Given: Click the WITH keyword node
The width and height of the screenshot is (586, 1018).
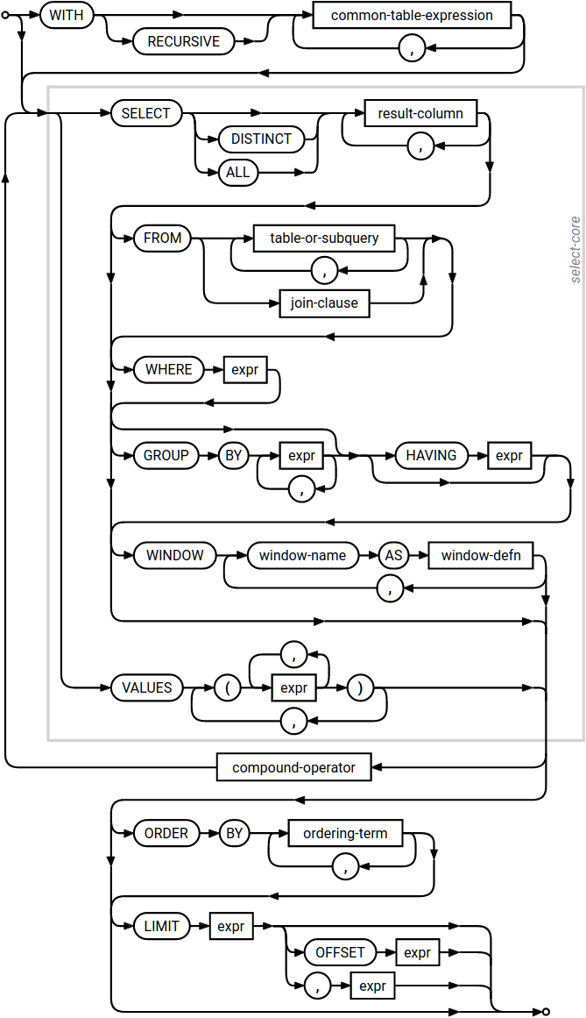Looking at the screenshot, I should point(67,15).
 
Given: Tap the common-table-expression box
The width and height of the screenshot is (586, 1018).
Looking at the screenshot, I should point(412,15).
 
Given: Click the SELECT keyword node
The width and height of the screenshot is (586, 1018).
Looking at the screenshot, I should point(146,113).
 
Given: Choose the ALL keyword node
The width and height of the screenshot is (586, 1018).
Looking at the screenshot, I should point(238,172).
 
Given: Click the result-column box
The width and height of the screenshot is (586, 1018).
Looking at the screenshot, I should point(420,113).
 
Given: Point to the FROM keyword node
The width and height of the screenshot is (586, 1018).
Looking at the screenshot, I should point(163,238).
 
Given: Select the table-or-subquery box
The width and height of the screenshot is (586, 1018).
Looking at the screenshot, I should point(324,238).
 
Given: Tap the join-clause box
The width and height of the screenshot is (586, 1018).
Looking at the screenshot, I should point(324,303).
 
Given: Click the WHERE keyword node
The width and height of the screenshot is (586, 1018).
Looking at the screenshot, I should point(169,369).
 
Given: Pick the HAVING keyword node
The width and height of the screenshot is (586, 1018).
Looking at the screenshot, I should point(432,455).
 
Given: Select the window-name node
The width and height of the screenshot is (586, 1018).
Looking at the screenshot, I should point(303,555).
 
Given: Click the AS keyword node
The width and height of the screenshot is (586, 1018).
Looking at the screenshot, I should point(394,555).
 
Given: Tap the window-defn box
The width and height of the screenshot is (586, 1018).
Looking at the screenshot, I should point(481,555).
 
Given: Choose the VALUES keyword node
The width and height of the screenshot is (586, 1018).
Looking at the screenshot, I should point(147,687).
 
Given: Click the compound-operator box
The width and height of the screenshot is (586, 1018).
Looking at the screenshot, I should point(293,767).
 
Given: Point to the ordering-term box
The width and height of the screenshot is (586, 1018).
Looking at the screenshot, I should point(345,833).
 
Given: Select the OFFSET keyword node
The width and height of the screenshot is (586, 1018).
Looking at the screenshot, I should point(340,952).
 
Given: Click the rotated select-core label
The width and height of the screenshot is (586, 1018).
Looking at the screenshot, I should point(575,250).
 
